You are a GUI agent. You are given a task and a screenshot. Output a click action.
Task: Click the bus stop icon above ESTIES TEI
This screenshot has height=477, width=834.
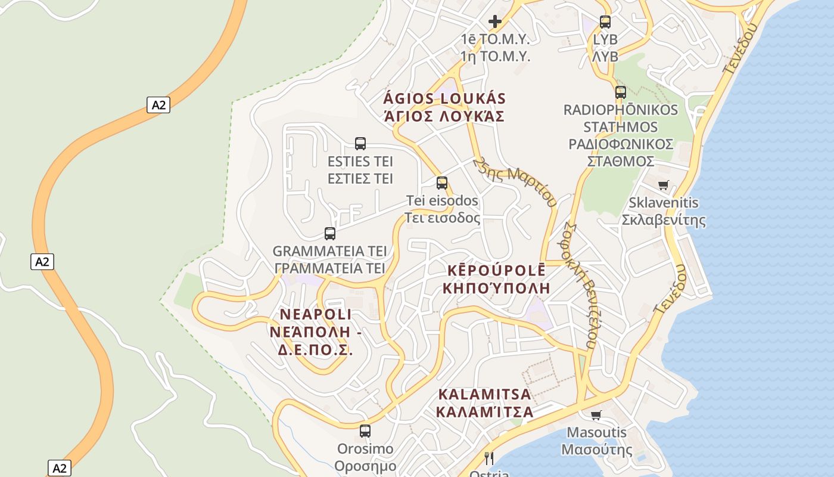click(x=360, y=143)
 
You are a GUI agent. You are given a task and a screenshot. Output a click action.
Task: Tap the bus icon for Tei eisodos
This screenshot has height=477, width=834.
click(x=442, y=182)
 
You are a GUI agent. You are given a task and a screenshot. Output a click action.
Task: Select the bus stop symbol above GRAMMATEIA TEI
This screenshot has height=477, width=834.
click(x=330, y=233)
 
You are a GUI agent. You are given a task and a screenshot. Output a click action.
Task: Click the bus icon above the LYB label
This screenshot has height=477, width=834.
click(x=605, y=22)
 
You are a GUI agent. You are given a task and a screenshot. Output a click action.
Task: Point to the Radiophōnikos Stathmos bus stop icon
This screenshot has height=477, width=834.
click(x=621, y=92)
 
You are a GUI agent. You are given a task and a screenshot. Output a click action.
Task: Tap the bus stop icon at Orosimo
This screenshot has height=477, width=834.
click(x=365, y=430)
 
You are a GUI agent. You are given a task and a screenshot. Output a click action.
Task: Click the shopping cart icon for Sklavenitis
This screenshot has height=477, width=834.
click(x=664, y=185)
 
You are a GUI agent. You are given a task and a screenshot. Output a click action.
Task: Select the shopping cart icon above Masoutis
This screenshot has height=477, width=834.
click(x=596, y=415)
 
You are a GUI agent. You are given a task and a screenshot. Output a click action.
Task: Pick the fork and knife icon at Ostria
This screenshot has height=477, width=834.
click(x=489, y=458)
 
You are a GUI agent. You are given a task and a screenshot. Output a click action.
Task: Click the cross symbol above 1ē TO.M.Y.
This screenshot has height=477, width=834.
click(x=494, y=21)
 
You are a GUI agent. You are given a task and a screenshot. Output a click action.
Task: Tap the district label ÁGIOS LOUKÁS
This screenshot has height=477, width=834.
click(x=444, y=98)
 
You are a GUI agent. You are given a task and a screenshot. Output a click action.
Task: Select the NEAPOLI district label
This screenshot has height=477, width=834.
click(x=316, y=314)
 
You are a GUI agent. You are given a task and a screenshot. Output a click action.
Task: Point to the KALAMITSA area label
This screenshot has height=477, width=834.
click(x=484, y=394)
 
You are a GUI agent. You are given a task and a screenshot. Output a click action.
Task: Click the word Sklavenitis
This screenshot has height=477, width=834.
click(x=664, y=203)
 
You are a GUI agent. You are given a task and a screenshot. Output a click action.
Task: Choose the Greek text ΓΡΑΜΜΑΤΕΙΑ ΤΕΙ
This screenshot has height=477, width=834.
click(x=330, y=268)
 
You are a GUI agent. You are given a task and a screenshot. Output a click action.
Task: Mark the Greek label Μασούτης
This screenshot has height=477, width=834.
click(x=596, y=450)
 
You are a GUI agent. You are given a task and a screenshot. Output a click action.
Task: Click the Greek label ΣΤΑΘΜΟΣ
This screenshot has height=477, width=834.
click(x=621, y=162)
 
